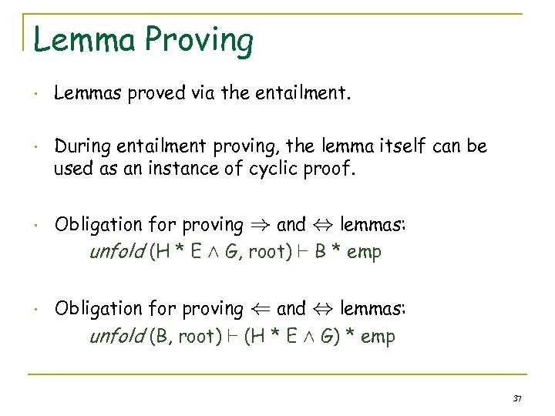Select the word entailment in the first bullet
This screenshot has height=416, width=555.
pos(307,94)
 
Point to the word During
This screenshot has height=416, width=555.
pos(81,145)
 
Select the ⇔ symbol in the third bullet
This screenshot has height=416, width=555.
pos(321,225)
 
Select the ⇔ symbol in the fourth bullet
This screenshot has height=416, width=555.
pos(321,309)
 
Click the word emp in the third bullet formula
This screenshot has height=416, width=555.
pos(364,253)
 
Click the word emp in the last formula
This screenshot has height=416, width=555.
pos(378,337)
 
